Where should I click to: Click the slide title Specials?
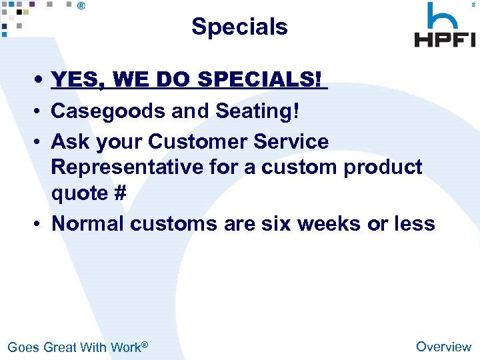coord(239,27)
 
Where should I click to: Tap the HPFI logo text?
coord(445,38)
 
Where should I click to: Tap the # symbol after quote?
coord(120,193)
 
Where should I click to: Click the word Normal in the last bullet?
coord(88,223)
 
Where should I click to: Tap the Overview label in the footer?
coord(443,347)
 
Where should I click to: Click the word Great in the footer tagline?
coord(59,347)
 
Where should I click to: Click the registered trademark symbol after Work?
coord(144,344)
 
